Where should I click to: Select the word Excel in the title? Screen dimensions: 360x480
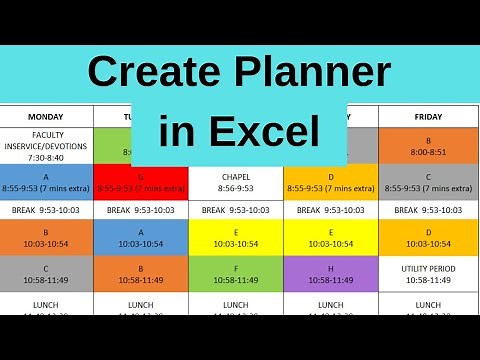coord(272,132)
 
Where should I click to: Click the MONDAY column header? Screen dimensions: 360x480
coord(46,116)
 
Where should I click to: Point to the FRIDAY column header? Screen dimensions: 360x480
coord(428,116)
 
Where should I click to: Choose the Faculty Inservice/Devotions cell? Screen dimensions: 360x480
coord(46,146)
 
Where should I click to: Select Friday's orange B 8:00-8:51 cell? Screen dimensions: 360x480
coord(428,146)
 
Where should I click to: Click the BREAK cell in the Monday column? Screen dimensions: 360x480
coord(46,210)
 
